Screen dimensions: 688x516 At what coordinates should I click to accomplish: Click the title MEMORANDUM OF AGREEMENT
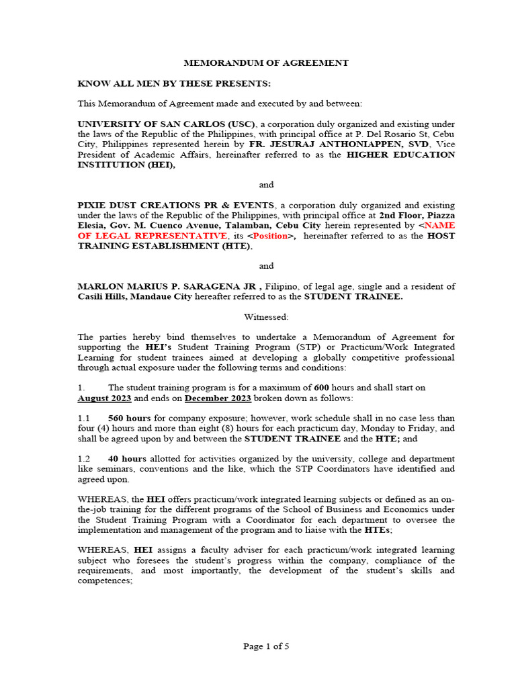267,63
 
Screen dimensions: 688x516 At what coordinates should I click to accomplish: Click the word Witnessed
266,316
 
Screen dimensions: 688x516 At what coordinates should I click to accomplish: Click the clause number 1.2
84,458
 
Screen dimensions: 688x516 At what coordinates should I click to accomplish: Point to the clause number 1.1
84,418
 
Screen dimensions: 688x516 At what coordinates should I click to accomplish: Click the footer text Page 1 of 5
266,646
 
